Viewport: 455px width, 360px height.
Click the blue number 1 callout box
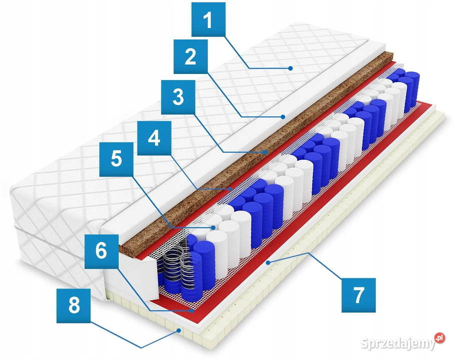(x=208, y=19)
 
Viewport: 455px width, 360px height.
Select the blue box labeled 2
(x=190, y=56)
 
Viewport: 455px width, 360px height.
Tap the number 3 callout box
(x=178, y=97)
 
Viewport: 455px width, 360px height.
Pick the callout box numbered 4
(x=154, y=138)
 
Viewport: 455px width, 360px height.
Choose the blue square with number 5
(x=116, y=159)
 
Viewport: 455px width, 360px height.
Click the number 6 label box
(x=101, y=251)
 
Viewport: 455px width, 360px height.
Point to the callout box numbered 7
(x=358, y=295)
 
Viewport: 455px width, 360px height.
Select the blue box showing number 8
(x=73, y=305)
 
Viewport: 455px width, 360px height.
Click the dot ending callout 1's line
(x=290, y=68)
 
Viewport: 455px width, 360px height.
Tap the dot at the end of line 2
(x=283, y=116)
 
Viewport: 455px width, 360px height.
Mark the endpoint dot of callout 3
(x=265, y=151)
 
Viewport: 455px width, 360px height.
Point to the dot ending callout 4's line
(x=230, y=189)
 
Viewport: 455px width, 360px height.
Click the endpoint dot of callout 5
(x=213, y=227)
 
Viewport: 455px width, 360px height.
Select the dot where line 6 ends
(x=192, y=311)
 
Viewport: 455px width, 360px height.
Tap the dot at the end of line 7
(x=268, y=263)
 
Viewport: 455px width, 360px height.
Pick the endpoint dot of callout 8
(x=179, y=330)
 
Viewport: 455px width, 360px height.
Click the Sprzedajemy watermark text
(x=398, y=343)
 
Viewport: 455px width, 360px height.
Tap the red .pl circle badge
(x=440, y=337)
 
